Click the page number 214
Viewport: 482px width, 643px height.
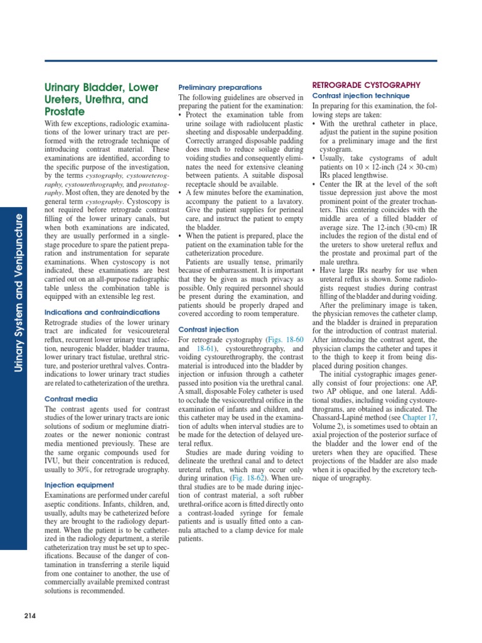click(x=29, y=616)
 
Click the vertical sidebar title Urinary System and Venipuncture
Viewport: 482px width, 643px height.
click(x=19, y=292)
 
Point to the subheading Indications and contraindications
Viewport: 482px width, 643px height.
click(x=102, y=312)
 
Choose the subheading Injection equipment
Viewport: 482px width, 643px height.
click(x=79, y=485)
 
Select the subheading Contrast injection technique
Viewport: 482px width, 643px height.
click(x=357, y=95)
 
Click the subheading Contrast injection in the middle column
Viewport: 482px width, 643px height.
click(x=208, y=329)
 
